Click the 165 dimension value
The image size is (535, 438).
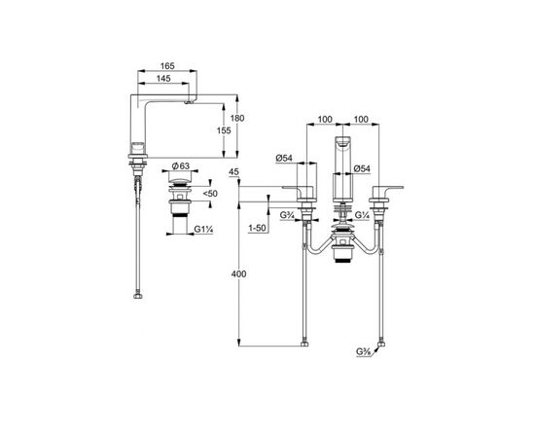coord(167,66)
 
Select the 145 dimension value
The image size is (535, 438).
coord(163,79)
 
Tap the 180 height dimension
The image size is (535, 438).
coord(237,118)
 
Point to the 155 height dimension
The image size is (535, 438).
coord(224,130)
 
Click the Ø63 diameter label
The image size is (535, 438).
coord(181,166)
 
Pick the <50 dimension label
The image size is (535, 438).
coord(210,194)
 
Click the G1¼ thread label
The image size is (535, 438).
coord(203,230)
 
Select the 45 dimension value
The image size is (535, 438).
coord(233,171)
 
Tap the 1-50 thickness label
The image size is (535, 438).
coord(257,228)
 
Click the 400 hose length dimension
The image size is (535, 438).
coord(239,274)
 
